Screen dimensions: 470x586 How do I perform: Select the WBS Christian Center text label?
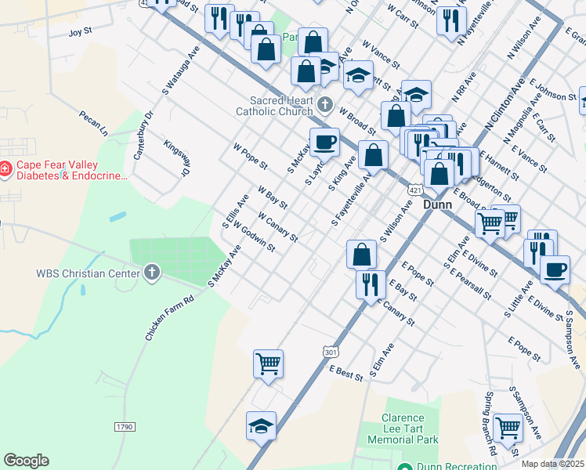[86, 273]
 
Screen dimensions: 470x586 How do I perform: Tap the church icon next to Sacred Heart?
[327, 103]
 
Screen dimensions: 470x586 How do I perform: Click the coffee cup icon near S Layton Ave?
[324, 143]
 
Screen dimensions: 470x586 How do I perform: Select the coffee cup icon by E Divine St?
[555, 269]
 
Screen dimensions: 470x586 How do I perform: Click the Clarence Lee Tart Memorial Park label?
[403, 429]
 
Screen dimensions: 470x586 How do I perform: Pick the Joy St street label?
[81, 33]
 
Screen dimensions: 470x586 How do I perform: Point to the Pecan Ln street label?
[92, 121]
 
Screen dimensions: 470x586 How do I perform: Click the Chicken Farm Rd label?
[169, 318]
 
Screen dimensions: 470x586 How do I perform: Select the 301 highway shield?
[330, 352]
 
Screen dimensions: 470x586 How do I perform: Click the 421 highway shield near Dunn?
[416, 190]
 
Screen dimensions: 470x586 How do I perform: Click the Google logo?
[26, 461]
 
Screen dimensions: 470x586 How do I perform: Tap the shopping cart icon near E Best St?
[268, 363]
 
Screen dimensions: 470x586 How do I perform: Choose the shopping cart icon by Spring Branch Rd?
[508, 428]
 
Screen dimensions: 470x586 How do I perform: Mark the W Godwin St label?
[254, 237]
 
